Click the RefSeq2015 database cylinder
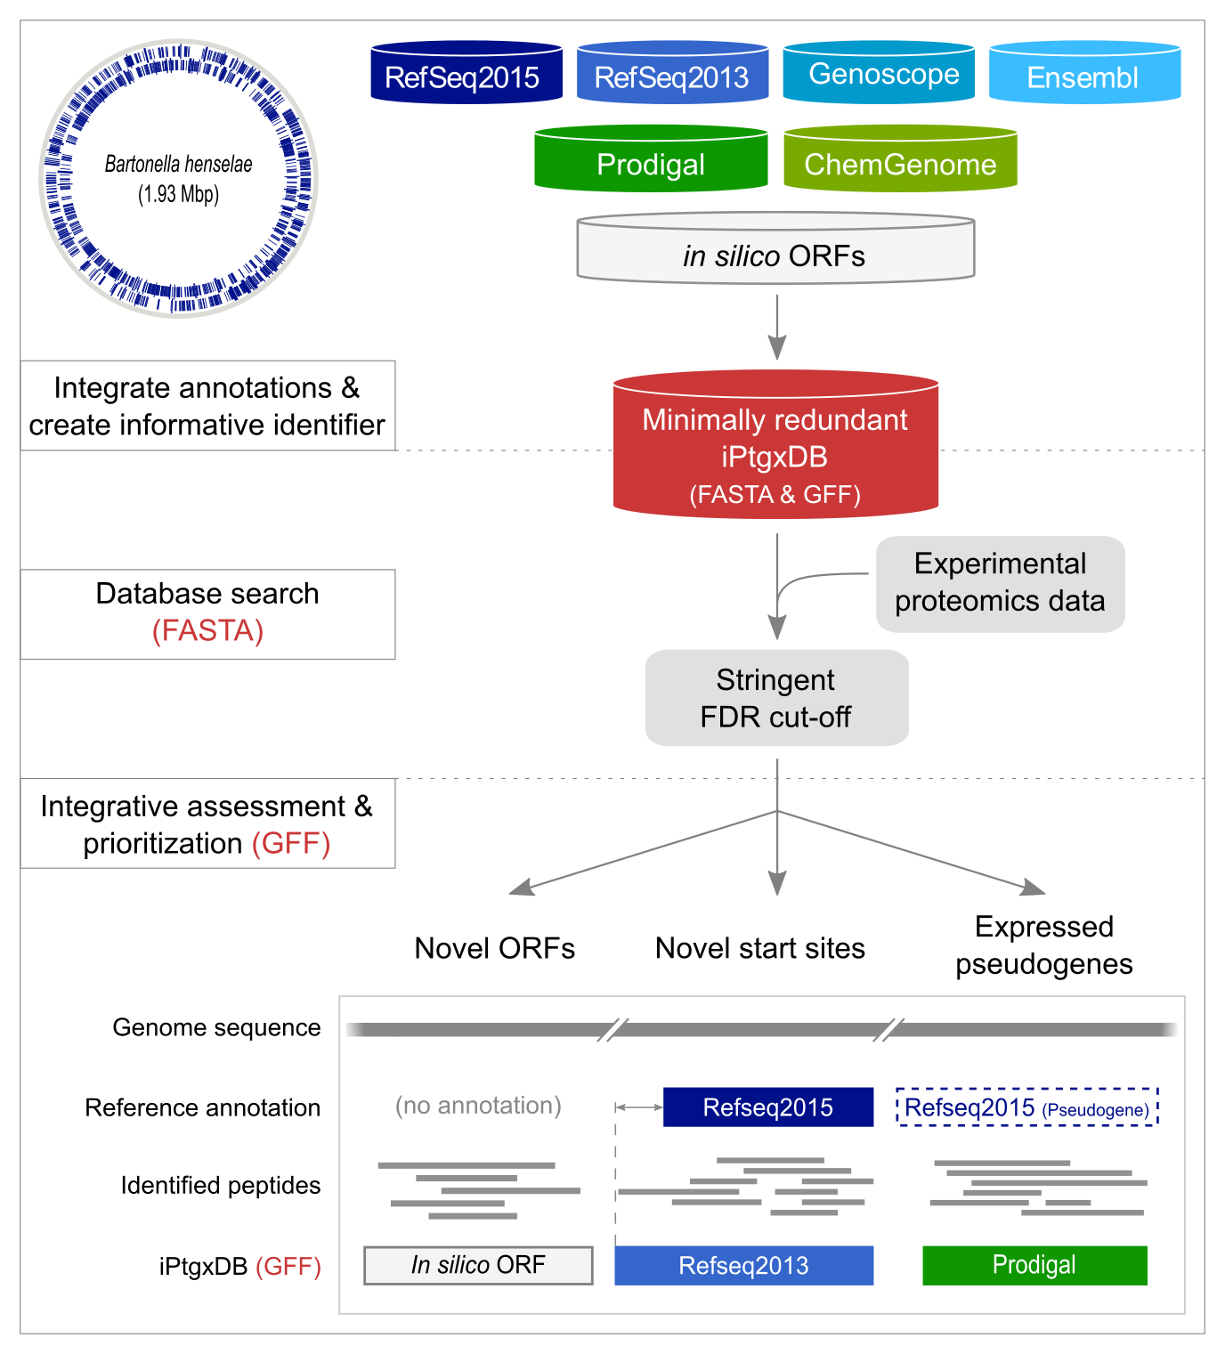(466, 73)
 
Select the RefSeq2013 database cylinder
(672, 73)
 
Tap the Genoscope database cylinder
(879, 73)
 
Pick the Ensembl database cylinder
(1084, 73)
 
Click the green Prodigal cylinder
(651, 160)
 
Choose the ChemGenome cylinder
(900, 160)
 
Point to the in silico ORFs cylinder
(775, 250)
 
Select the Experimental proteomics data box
(1000, 584)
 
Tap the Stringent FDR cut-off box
(776, 698)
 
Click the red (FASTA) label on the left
(207, 631)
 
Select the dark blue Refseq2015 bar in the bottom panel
(768, 1107)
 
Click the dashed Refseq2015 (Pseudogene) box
(1026, 1107)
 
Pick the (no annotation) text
(478, 1106)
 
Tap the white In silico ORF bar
(478, 1265)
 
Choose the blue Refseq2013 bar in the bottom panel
(743, 1265)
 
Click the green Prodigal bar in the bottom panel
(1034, 1265)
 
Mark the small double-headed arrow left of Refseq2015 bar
(639, 1107)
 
